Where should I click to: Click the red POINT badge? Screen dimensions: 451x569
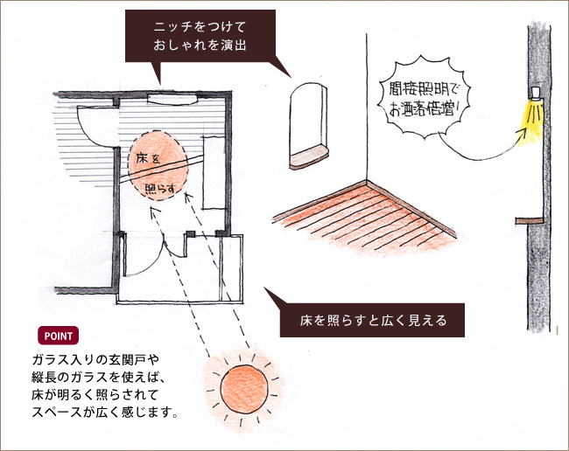[58, 337]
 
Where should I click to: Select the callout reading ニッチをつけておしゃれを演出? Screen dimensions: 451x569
[201, 36]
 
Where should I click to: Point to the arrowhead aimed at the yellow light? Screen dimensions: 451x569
[523, 132]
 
